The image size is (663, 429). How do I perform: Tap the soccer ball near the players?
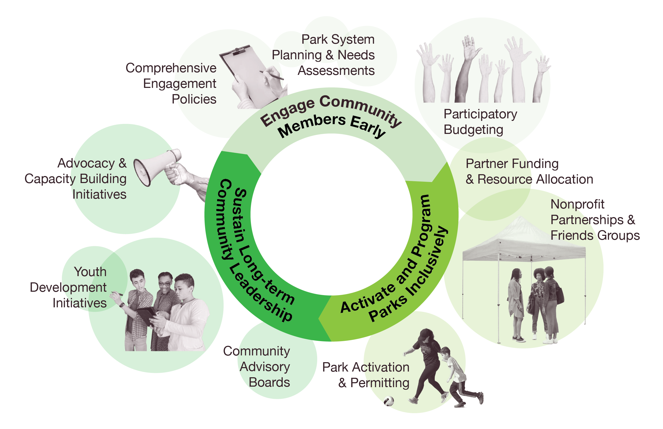389,401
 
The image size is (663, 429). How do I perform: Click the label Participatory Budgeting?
480,122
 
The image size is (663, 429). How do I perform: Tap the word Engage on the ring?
287,113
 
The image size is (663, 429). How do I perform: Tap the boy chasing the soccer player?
457,376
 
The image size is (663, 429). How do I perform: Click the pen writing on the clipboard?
272,75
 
